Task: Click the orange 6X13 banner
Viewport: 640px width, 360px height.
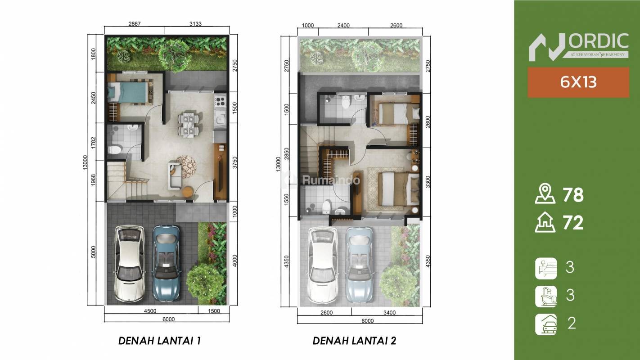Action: [x=578, y=82]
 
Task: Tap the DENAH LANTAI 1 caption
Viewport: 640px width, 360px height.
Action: [x=159, y=341]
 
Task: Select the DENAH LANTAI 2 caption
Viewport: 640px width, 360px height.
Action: [x=354, y=341]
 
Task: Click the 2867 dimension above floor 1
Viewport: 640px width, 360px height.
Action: [x=134, y=24]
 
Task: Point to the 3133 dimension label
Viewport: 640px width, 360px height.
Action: [x=195, y=24]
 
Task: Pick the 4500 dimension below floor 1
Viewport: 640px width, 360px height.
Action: [x=150, y=311]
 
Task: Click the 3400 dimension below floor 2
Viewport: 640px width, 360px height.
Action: [x=389, y=313]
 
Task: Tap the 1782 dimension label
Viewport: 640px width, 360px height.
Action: [x=93, y=143]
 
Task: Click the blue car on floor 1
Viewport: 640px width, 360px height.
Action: [x=166, y=263]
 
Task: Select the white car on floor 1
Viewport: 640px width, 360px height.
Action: [x=129, y=264]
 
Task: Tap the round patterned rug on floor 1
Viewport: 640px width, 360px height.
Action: [x=186, y=166]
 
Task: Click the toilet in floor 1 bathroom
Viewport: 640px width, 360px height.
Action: [x=115, y=149]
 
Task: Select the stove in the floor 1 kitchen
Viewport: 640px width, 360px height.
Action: [x=220, y=100]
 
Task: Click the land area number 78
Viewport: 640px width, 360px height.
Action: [x=573, y=195]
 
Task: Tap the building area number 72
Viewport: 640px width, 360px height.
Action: [x=573, y=223]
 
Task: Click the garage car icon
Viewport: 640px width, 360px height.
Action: [x=546, y=324]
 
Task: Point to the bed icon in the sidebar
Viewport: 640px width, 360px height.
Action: [x=546, y=268]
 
